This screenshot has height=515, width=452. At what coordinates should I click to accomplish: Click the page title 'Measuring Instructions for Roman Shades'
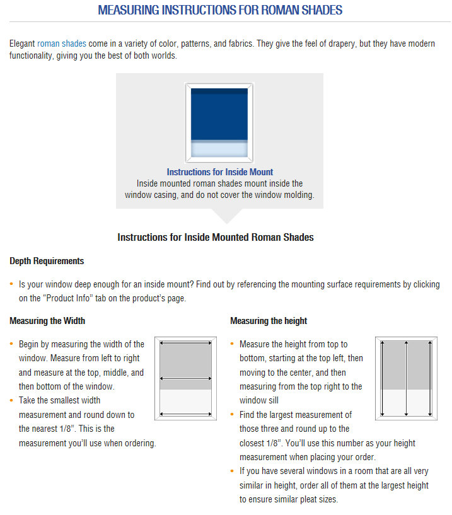click(220, 11)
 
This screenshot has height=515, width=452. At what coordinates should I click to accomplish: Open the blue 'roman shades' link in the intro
click(62, 43)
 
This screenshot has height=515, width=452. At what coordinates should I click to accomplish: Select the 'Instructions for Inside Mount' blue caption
click(219, 172)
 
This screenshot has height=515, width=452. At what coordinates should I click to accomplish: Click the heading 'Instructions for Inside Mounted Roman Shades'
click(216, 238)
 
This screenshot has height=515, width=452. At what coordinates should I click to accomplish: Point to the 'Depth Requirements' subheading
click(47, 261)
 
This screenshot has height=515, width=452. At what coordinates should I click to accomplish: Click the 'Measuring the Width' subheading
click(47, 321)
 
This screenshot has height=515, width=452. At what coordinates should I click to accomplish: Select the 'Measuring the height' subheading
click(269, 321)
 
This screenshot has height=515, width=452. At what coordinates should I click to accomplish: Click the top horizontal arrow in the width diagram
click(185, 344)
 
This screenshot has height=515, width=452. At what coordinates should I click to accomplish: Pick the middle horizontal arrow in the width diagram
click(185, 379)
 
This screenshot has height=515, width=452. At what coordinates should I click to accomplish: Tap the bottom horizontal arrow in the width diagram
click(185, 414)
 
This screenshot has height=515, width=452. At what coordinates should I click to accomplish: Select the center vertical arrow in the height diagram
click(407, 378)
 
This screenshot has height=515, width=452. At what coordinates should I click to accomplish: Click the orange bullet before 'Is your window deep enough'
click(12, 285)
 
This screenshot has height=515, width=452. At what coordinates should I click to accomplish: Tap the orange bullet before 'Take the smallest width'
click(12, 400)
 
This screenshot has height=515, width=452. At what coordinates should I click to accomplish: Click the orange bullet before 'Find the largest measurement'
click(233, 415)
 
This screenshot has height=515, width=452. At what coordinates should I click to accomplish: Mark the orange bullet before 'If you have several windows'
click(233, 471)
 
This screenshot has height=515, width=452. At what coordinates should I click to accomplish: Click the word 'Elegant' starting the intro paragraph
click(22, 43)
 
